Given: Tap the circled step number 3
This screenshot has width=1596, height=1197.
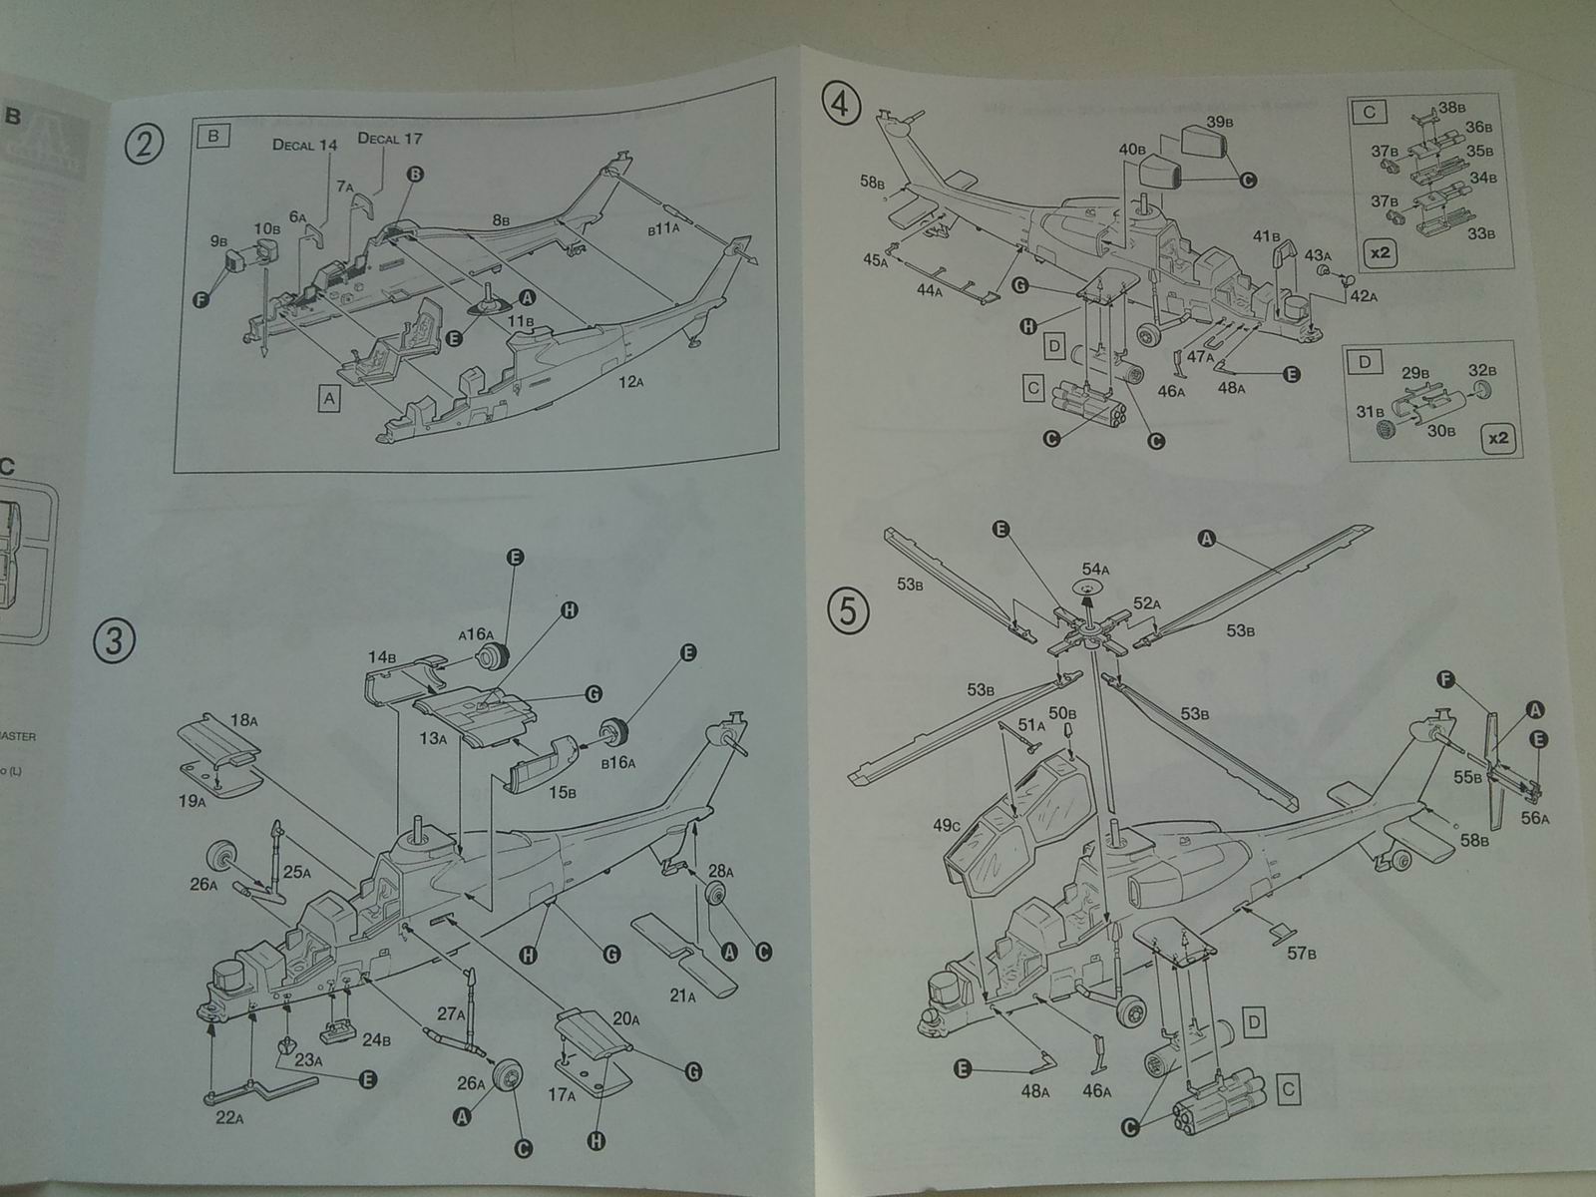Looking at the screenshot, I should (114, 640).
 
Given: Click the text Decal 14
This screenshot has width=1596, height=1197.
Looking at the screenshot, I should (305, 145).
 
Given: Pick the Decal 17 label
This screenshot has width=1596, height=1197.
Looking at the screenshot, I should (390, 139).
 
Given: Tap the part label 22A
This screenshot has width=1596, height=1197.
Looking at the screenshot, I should (228, 1117).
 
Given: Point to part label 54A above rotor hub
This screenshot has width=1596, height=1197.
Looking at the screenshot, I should (1095, 570).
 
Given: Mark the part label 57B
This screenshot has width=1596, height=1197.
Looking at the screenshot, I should (1301, 954).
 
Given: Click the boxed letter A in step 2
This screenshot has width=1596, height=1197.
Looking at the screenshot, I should (327, 398).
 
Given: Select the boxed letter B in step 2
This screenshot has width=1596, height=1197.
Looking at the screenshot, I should (213, 136).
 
